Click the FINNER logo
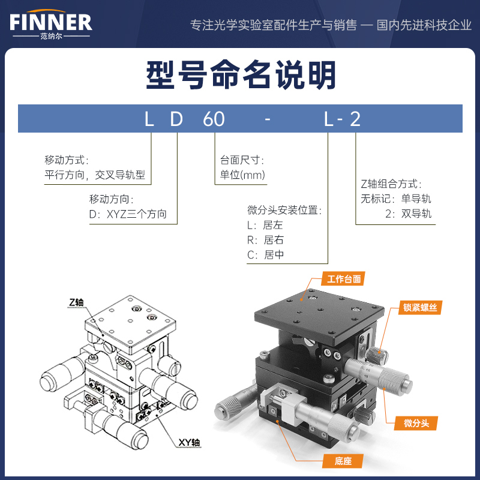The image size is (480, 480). click(51, 24)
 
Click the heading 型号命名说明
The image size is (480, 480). click(241, 75)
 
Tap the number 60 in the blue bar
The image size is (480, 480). click(214, 119)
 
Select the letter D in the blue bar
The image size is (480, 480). click(176, 119)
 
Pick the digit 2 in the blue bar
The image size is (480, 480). click(355, 119)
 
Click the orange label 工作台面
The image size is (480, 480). click(344, 279)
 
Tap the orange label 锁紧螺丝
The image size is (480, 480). click(420, 307)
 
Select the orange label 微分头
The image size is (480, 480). click(416, 424)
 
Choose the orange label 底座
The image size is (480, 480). click(343, 461)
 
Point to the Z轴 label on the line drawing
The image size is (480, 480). click(76, 302)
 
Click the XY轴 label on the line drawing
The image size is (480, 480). click(189, 442)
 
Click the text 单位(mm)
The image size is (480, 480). click(242, 175)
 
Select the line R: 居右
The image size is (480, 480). click(265, 239)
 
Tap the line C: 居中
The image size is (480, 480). click(265, 254)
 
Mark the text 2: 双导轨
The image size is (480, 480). click(408, 214)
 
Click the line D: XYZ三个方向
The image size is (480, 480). click(128, 214)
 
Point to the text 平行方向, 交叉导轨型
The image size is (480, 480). click(95, 175)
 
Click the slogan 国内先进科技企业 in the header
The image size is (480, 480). click(424, 25)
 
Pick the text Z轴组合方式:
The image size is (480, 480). click(391, 184)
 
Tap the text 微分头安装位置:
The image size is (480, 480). click(284, 211)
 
